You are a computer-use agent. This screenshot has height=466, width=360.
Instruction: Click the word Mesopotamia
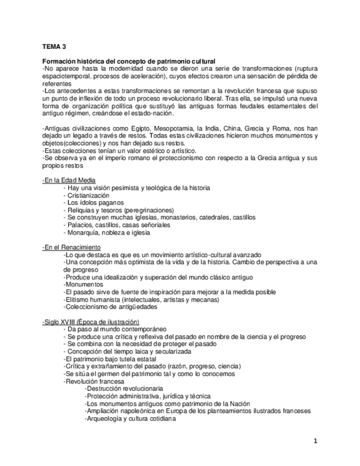point(177,127)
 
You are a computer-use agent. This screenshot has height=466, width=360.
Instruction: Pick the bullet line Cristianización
point(88,196)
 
